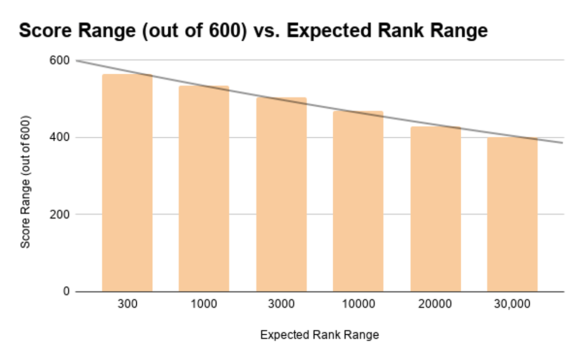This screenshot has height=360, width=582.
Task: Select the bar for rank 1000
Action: coord(204,189)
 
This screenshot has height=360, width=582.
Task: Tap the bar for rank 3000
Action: coord(281,195)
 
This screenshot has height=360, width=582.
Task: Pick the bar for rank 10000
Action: coord(358,201)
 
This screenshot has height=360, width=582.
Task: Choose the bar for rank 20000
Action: coord(436,209)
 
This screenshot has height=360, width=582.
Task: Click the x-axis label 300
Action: coord(127,304)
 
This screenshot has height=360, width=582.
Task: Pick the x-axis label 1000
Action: coord(204,304)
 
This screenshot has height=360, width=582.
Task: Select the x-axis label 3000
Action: coord(281,304)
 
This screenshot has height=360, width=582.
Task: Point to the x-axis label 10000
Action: coord(358,304)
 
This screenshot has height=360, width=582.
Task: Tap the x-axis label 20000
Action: coord(436,304)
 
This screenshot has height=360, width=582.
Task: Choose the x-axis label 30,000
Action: coord(512,304)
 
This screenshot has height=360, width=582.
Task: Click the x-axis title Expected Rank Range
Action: coord(320,335)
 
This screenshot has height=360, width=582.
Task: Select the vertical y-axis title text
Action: coord(26,182)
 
